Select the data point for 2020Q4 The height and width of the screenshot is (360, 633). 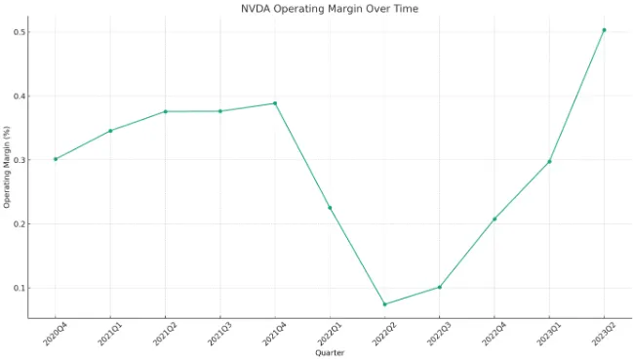(56, 159)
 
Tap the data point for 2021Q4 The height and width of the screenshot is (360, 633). (275, 103)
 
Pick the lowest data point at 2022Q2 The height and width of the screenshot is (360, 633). (384, 304)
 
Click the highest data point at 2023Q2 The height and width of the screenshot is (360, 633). (604, 30)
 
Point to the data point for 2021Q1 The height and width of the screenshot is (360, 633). (110, 131)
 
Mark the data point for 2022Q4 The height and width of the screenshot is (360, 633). (495, 219)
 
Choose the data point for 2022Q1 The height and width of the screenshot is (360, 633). (330, 208)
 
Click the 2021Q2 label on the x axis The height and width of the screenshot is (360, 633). (164, 334)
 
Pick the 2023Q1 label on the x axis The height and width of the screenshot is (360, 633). (547, 334)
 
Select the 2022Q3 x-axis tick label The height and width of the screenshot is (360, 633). (438, 334)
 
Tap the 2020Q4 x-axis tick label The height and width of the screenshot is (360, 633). (54, 334)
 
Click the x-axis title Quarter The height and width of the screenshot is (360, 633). (329, 353)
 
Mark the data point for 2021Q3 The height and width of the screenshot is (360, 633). (220, 111)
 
